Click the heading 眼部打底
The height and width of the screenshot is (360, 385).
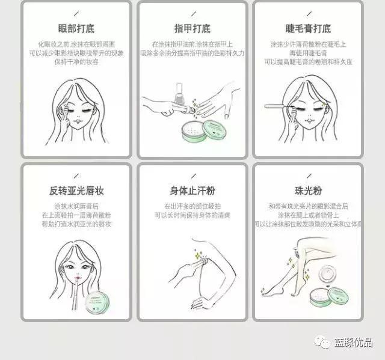pyautogui.click(x=76, y=28)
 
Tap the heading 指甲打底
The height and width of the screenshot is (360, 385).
pyautogui.click(x=192, y=28)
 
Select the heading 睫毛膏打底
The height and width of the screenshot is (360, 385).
pyautogui.click(x=308, y=28)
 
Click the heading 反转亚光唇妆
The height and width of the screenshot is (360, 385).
pyautogui.click(x=76, y=191)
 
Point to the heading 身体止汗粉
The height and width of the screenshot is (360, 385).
pyautogui.click(x=192, y=191)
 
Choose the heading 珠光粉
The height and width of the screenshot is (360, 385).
pyautogui.click(x=308, y=191)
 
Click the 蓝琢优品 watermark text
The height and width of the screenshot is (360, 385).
pyautogui.click(x=353, y=343)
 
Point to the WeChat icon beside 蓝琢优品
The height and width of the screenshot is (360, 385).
pyautogui.click(x=324, y=343)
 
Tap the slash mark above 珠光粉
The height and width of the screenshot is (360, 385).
pyautogui.click(x=308, y=175)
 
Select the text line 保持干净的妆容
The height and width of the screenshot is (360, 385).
pyautogui.click(x=76, y=61)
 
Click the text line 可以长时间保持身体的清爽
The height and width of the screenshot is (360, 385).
pyautogui.click(x=192, y=215)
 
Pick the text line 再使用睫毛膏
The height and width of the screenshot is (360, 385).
pyautogui.click(x=308, y=52)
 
